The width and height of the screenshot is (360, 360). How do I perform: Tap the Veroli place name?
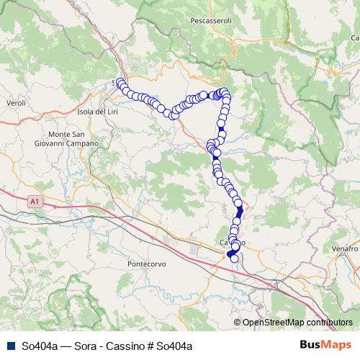[15, 104]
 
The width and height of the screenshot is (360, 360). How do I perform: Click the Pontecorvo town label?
[146, 264]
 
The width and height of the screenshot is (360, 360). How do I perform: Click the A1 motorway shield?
[32, 204]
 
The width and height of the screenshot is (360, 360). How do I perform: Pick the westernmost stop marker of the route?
[120, 82]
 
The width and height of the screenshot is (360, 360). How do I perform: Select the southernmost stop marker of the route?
[234, 258]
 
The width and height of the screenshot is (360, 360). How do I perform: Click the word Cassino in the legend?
[130, 346]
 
